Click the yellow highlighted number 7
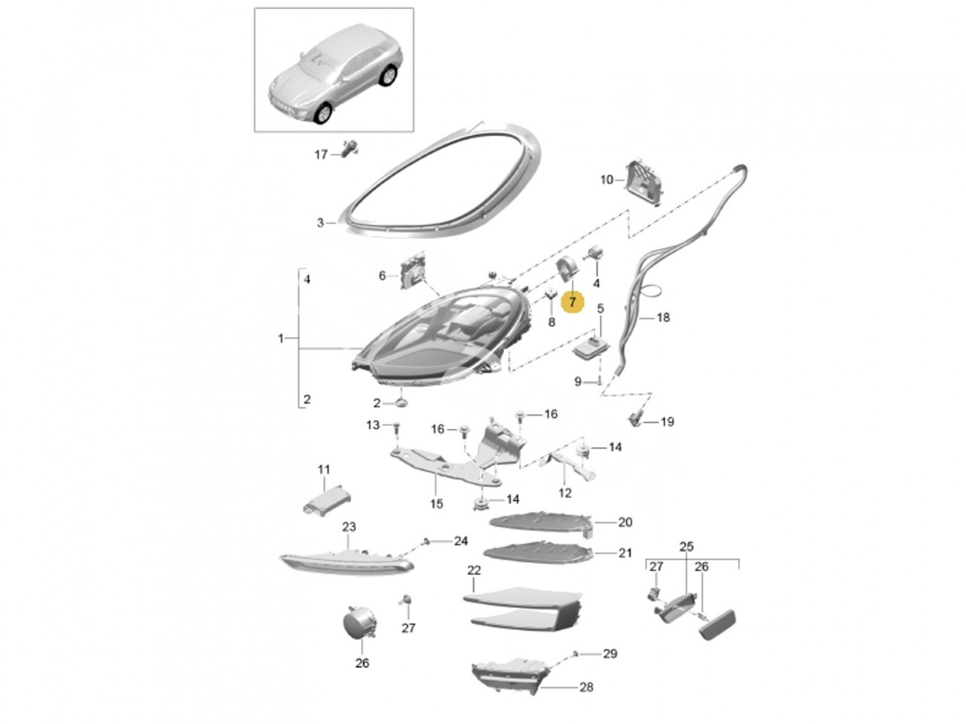coord(572,302)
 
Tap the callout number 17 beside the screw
coord(321,155)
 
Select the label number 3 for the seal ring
coord(320,222)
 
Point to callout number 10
coord(607,179)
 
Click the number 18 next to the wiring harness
coord(663,318)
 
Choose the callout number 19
coord(667,422)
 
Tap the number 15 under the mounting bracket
coord(436,503)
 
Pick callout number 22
coord(474,570)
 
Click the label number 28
coord(586,687)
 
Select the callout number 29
coord(610,654)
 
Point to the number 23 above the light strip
coord(349,526)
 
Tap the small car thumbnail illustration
coord(334,69)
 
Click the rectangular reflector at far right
coord(718,624)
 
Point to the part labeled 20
coord(540,521)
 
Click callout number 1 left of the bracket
coord(281,339)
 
